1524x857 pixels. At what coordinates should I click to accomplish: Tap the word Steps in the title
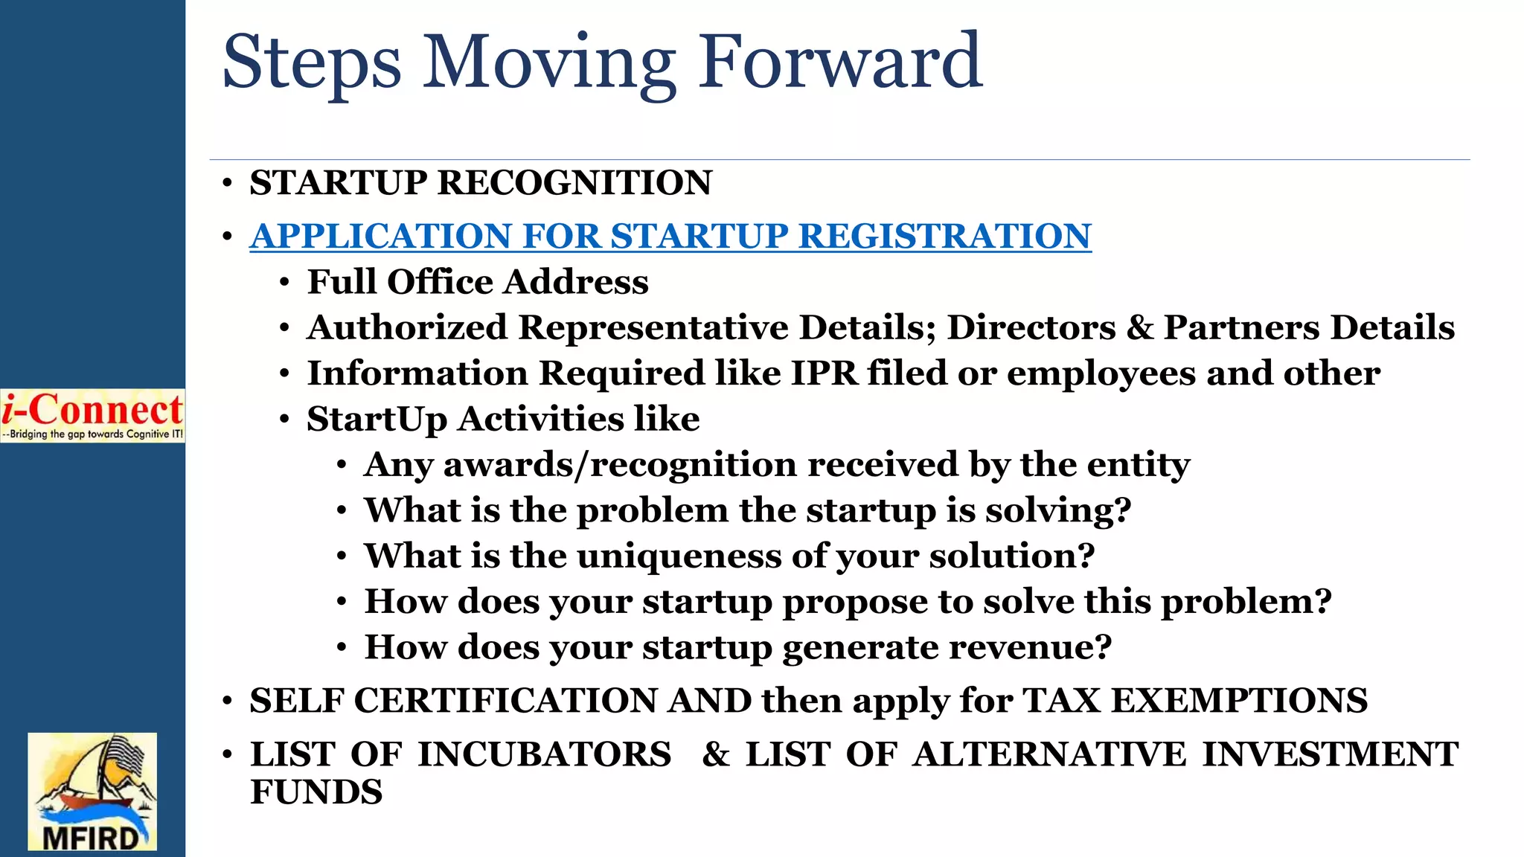coord(311,64)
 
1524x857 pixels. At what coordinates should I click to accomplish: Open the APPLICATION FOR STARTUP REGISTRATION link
coord(670,236)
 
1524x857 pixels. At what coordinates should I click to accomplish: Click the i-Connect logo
coord(92,415)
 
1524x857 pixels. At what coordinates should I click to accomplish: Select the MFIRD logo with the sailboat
coord(92,791)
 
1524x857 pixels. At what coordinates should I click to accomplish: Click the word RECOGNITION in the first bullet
coord(574,183)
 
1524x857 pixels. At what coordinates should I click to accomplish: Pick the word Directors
coord(1031,327)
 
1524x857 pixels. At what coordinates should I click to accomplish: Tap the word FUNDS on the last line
coord(316,792)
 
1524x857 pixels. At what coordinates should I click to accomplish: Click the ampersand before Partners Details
coord(1139,327)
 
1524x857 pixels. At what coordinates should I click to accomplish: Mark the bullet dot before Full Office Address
coord(284,283)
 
